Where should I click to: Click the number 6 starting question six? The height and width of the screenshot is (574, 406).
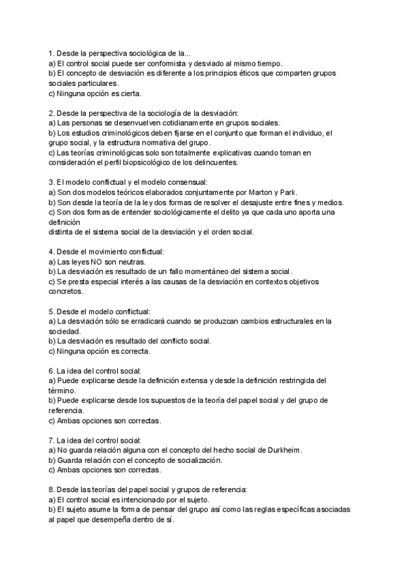click(x=51, y=371)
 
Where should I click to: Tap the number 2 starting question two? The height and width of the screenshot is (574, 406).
click(x=51, y=112)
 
